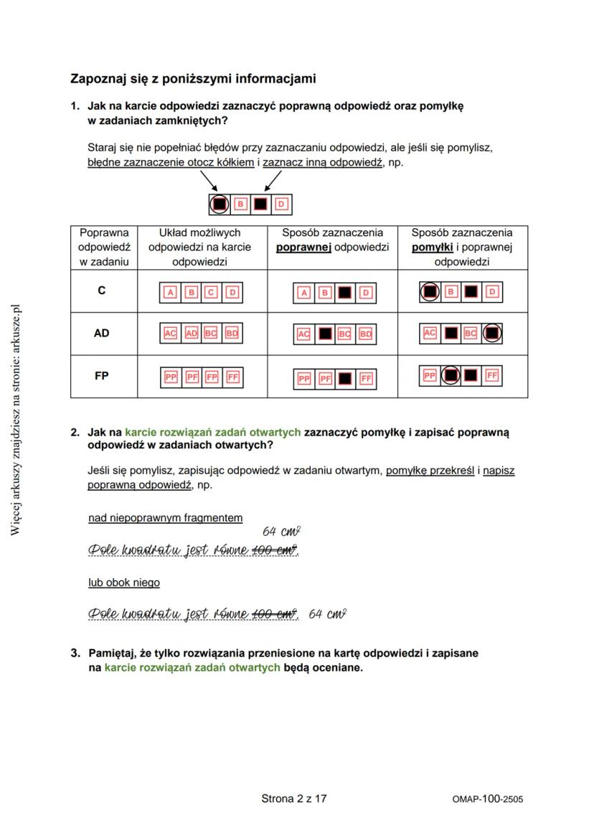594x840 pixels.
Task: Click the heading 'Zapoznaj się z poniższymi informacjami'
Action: tap(193, 78)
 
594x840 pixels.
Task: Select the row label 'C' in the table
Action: tap(101, 291)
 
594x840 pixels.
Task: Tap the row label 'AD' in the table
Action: tap(101, 333)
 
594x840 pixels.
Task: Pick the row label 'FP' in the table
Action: tap(101, 375)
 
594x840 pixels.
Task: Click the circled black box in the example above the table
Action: tap(220, 204)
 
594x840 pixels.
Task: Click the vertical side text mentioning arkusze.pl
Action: tap(16, 419)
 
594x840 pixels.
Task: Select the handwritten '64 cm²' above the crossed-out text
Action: tap(280, 532)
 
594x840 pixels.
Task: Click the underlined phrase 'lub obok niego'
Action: tap(124, 582)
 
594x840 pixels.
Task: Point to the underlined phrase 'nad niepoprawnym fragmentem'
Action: tap(165, 517)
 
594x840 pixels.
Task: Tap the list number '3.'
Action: tap(75, 653)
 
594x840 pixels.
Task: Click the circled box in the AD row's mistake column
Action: tap(492, 334)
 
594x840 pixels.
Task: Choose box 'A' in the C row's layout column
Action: tap(170, 292)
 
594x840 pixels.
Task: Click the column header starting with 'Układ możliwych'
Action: tap(199, 233)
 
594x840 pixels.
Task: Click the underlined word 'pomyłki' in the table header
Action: tap(432, 247)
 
